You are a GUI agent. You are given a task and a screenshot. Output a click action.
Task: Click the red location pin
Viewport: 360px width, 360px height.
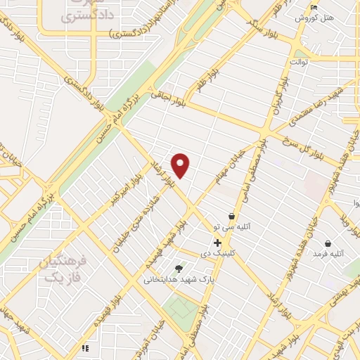coord(181,165)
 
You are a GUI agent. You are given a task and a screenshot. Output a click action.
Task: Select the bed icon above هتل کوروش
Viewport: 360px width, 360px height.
coord(314,7)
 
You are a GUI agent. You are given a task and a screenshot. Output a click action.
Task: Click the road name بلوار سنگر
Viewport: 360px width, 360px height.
coord(259,26)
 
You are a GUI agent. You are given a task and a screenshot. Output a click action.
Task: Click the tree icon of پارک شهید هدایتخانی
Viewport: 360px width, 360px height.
coord(178,268)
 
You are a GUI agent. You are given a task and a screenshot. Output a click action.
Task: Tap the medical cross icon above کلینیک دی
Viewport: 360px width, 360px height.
coord(218,243)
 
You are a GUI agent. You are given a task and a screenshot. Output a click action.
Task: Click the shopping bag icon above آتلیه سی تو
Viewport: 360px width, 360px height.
coord(231,216)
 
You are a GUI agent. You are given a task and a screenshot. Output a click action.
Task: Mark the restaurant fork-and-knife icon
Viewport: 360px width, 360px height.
coord(84,348)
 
